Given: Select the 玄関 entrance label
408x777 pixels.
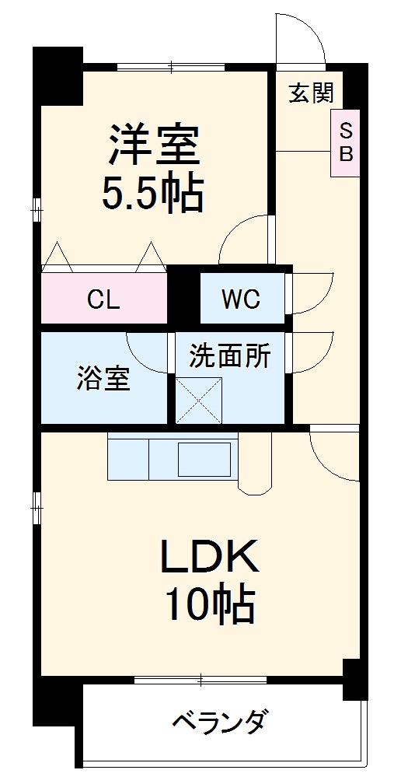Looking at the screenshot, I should (x=311, y=93).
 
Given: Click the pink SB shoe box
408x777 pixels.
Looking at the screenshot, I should (x=344, y=142).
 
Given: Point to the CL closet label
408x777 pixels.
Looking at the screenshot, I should (x=103, y=299).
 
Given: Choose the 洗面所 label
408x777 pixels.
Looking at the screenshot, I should (x=230, y=357).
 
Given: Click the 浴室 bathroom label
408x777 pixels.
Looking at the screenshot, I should (x=103, y=380).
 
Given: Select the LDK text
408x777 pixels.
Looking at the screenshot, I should (x=208, y=557).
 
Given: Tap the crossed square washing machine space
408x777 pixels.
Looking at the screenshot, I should (x=199, y=400).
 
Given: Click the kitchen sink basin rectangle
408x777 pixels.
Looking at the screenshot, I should (x=205, y=459).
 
